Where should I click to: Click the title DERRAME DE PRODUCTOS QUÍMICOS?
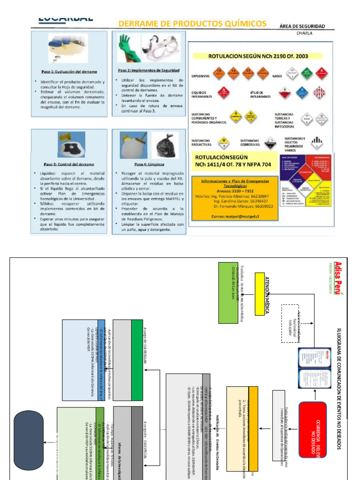[x=192, y=23]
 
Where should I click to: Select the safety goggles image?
[x=161, y=47]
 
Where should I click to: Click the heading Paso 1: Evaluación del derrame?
[x=69, y=72]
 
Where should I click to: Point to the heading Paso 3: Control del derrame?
[x=69, y=165]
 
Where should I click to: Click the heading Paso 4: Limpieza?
[x=146, y=165]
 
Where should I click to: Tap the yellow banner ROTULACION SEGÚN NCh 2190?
[x=258, y=56]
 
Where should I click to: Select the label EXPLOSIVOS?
[x=200, y=75]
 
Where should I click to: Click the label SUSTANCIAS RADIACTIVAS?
[x=201, y=142]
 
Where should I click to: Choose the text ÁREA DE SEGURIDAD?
[x=302, y=26]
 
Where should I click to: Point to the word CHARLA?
[x=304, y=33]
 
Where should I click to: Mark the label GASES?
[x=277, y=75]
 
